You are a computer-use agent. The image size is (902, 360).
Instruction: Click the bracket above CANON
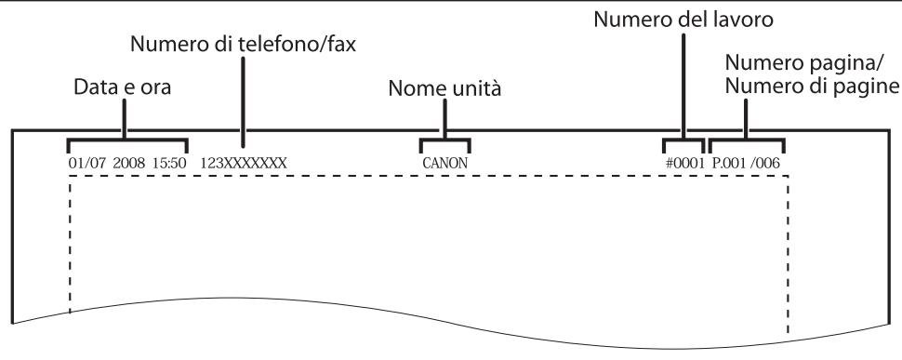click(x=444, y=142)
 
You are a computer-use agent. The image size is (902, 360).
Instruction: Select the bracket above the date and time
click(x=126, y=142)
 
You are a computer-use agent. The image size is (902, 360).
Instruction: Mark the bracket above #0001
click(x=683, y=142)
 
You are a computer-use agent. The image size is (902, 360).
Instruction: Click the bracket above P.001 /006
click(x=747, y=142)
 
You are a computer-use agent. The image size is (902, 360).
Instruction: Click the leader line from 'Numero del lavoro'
click(x=683, y=84)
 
